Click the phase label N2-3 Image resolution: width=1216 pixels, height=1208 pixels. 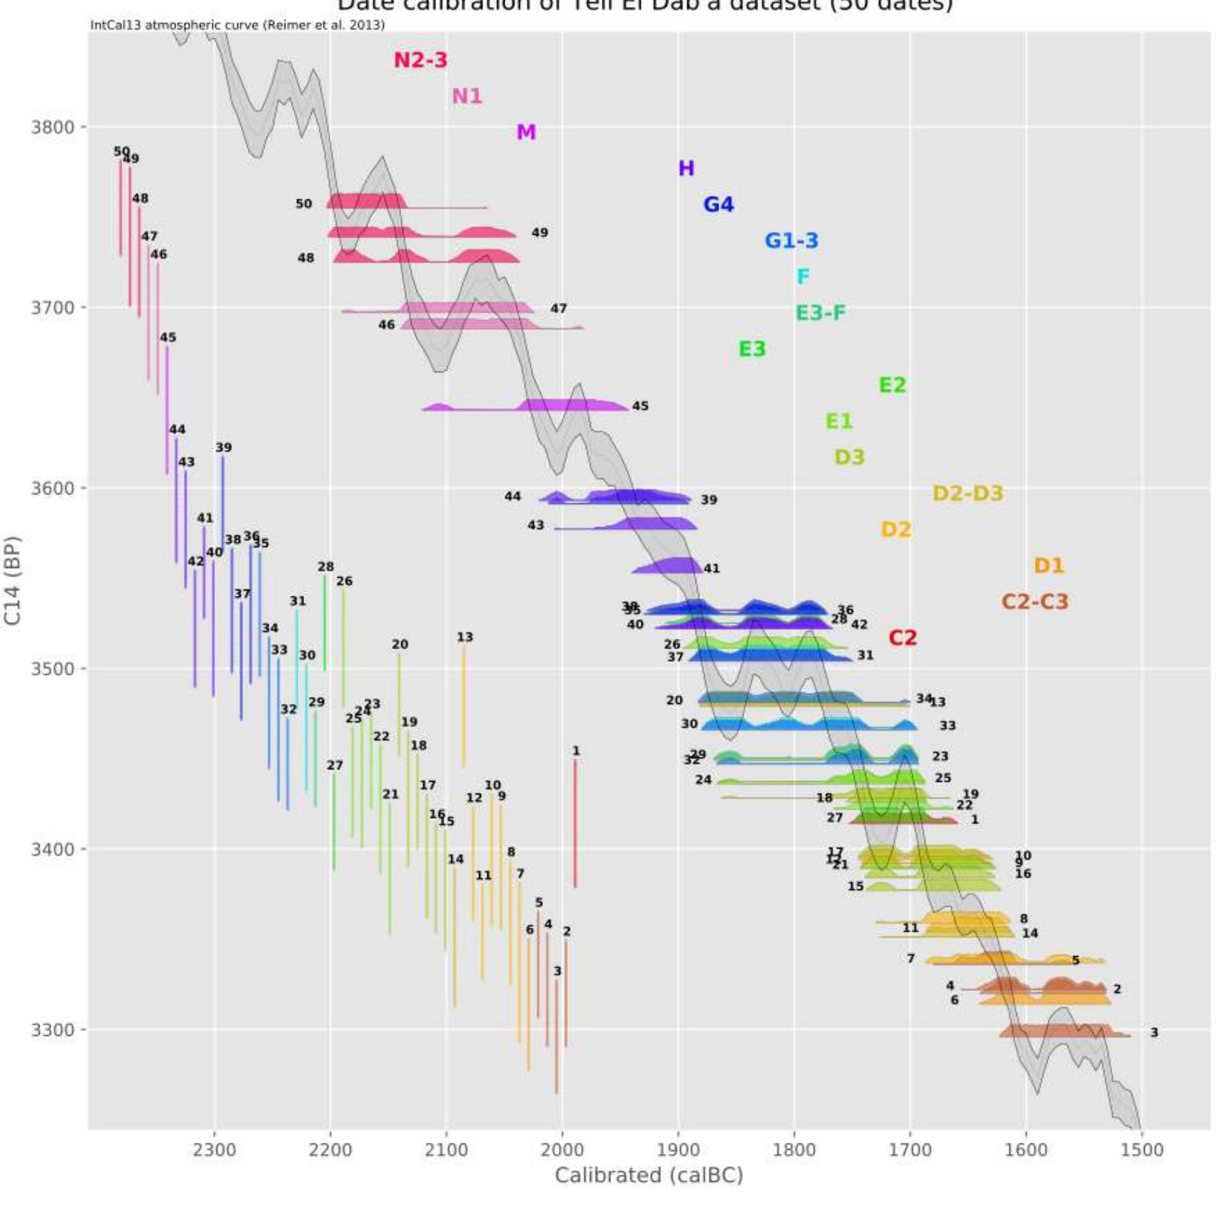[x=420, y=60]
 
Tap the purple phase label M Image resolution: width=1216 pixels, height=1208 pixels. [x=526, y=132]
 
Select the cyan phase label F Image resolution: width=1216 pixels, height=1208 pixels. [x=802, y=276]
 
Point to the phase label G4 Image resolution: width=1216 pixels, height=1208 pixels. [x=719, y=205]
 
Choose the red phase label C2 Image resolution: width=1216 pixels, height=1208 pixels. [x=902, y=638]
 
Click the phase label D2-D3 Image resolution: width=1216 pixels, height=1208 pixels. [x=967, y=493]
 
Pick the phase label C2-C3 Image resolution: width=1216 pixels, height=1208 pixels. [x=1035, y=602]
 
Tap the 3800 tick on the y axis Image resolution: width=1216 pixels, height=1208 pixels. [x=52, y=127]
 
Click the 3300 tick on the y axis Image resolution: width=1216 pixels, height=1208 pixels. [x=52, y=1029]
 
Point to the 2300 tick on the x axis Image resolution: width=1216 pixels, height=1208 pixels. [x=214, y=1150]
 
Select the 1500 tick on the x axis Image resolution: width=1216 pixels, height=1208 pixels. [x=1141, y=1150]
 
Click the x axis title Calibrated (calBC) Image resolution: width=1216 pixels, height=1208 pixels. [x=649, y=1175]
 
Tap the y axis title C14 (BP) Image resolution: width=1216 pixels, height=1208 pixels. [x=13, y=579]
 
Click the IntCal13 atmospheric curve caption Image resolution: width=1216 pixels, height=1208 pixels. [x=238, y=25]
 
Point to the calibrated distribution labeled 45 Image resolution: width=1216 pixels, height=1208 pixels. [x=561, y=405]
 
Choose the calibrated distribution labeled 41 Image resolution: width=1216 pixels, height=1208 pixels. [x=670, y=566]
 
